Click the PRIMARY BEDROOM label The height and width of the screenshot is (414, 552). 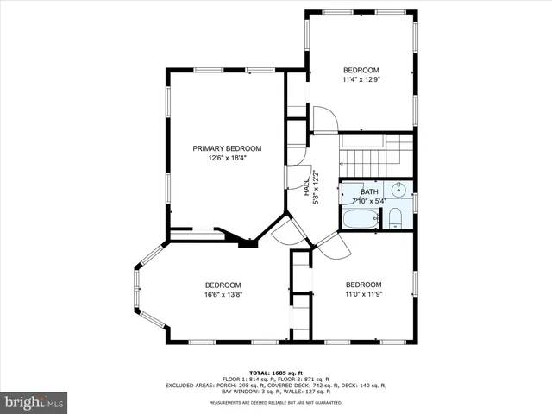pyautogui.click(x=227, y=148)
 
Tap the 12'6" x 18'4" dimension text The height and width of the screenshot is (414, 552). pyautogui.click(x=227, y=158)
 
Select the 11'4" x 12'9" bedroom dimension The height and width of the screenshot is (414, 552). pyautogui.click(x=361, y=79)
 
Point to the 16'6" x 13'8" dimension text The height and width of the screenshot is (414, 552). pyautogui.click(x=223, y=294)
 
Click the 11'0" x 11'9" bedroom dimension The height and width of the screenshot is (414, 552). pyautogui.click(x=363, y=294)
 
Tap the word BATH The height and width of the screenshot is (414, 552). pyautogui.click(x=369, y=191)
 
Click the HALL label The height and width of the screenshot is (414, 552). pyautogui.click(x=307, y=188)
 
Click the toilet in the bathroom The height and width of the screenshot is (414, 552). pyautogui.click(x=394, y=216)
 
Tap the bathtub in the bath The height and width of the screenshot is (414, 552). pyautogui.click(x=360, y=218)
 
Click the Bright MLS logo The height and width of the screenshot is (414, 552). pyautogui.click(x=34, y=402)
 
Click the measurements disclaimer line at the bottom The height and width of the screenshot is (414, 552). pyautogui.click(x=275, y=403)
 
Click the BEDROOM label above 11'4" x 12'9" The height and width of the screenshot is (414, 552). pyautogui.click(x=361, y=70)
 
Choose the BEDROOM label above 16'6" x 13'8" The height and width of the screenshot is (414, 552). pyautogui.click(x=223, y=285)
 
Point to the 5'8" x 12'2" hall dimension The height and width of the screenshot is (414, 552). pyautogui.click(x=317, y=188)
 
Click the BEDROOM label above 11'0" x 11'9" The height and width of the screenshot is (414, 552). pyautogui.click(x=363, y=285)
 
